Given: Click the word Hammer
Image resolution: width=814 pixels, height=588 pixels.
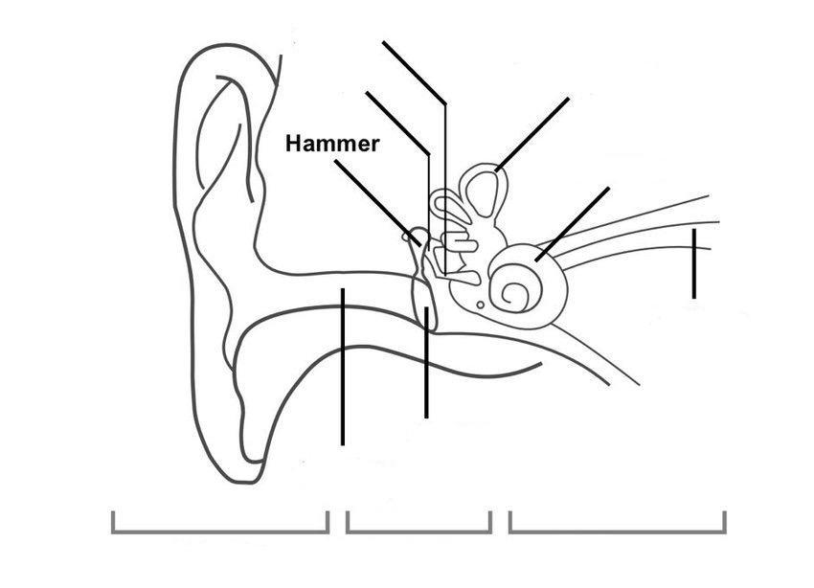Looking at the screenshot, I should pyautogui.click(x=332, y=144).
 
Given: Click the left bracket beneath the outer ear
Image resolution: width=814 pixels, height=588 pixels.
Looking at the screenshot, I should pyautogui.click(x=220, y=525).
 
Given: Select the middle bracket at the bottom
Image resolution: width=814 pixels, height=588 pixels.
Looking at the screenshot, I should pyautogui.click(x=418, y=525).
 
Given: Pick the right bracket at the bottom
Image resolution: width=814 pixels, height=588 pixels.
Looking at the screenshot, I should pyautogui.click(x=617, y=525).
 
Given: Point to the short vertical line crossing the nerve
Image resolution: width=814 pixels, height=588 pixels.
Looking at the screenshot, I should pyautogui.click(x=693, y=263).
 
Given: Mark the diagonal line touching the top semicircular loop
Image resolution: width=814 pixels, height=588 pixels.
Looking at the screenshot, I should pyautogui.click(x=532, y=134).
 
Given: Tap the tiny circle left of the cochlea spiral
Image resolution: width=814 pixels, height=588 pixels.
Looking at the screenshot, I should pyautogui.click(x=481, y=305).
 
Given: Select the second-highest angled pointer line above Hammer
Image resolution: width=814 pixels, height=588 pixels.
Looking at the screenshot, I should pyautogui.click(x=397, y=121).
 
